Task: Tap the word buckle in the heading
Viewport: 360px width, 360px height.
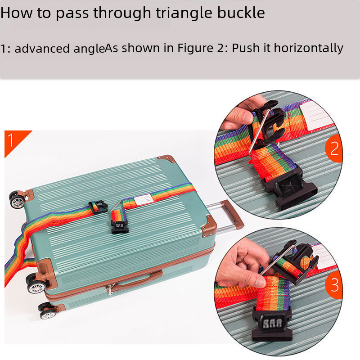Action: point(241,13)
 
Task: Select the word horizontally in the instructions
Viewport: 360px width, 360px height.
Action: point(309,49)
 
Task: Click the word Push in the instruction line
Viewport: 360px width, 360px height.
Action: point(246,48)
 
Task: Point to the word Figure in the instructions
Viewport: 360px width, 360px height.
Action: point(195,49)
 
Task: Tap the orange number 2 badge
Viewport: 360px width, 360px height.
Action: point(334,148)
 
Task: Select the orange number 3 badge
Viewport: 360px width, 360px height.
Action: point(334,285)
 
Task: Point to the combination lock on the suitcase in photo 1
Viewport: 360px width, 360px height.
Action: point(119,227)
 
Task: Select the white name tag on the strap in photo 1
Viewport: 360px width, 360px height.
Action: point(144,199)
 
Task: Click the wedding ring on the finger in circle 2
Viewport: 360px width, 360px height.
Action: point(249,107)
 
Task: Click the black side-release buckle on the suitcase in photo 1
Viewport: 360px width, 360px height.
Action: point(99,207)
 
